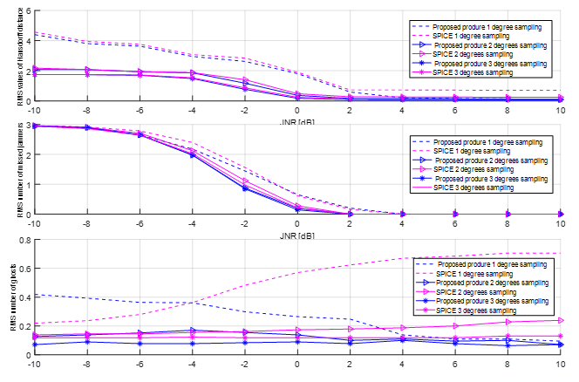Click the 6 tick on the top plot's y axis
click(28, 10)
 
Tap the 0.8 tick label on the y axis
click(25, 239)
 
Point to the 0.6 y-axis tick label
click(25, 268)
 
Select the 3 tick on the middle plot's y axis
click(28, 126)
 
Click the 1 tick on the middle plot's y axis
click(28, 184)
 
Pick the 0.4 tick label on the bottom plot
click(25, 297)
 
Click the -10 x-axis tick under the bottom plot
click(34, 365)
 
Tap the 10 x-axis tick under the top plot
click(560, 111)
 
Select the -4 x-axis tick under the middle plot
click(192, 224)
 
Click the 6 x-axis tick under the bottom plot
click(454, 365)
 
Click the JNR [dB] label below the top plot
click(297, 121)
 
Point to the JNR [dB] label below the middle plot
click(297, 235)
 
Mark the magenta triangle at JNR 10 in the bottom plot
click(559, 321)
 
